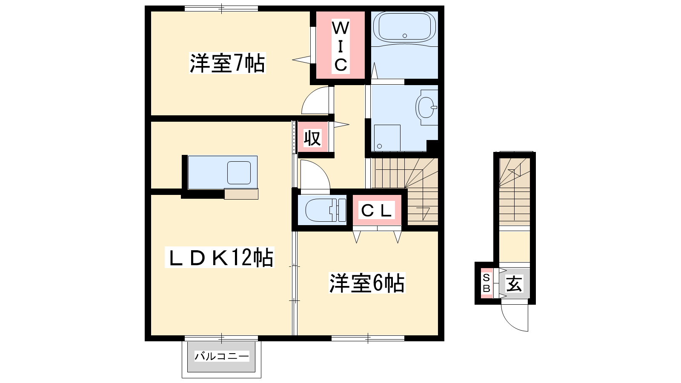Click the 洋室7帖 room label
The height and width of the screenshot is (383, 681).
(x=227, y=63)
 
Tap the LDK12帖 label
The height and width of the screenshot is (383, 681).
(x=220, y=257)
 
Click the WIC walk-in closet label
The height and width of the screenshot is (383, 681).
(x=340, y=46)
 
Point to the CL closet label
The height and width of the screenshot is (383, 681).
(x=376, y=210)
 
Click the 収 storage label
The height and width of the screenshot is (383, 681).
(x=312, y=138)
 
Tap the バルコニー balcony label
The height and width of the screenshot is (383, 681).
(x=222, y=356)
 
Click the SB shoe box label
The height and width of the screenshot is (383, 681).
(x=486, y=283)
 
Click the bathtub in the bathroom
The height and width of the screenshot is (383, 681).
(x=404, y=27)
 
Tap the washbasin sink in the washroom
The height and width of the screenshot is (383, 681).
(x=426, y=107)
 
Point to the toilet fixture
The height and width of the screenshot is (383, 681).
(x=326, y=210)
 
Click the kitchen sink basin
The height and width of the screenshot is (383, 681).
(x=239, y=173)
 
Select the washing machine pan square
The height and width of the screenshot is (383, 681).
(x=387, y=138)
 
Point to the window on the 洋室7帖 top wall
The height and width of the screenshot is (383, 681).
(x=221, y=9)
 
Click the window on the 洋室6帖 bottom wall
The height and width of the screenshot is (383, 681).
(x=368, y=338)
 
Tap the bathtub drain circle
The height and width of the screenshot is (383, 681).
(x=405, y=36)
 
